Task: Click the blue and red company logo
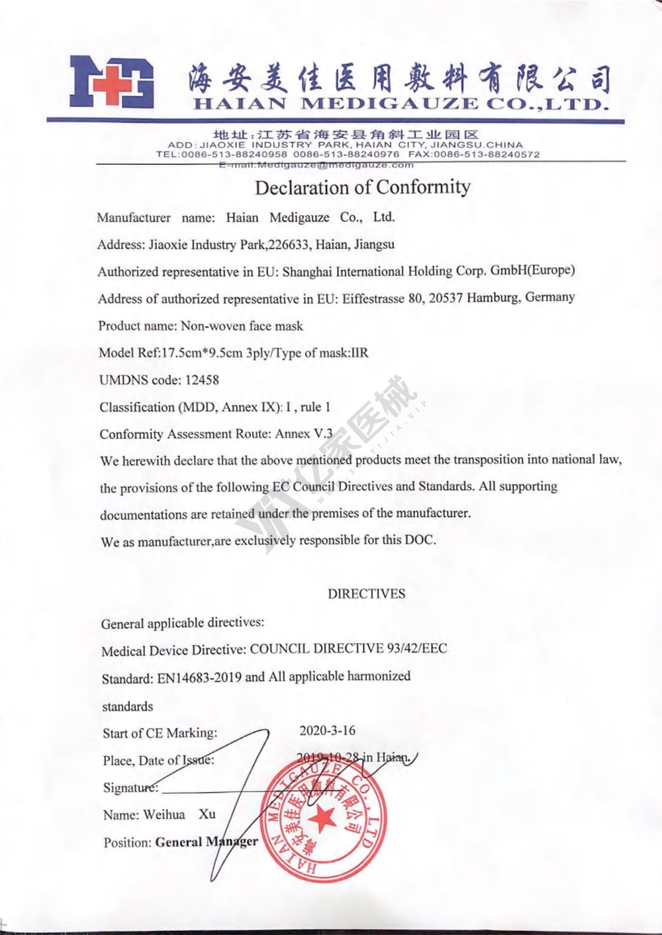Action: point(112,82)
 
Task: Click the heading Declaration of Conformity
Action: point(363,187)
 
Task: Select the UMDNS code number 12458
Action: point(202,380)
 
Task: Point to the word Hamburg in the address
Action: point(493,297)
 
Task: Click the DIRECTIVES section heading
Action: point(366,594)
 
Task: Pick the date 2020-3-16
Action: point(327,730)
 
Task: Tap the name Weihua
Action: point(164,814)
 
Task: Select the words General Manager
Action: point(207,842)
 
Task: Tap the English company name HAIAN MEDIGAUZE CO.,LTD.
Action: point(401,104)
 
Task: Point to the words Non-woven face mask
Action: point(242,326)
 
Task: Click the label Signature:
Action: point(130,787)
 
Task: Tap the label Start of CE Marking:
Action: point(160,733)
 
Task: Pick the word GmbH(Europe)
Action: point(532,270)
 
